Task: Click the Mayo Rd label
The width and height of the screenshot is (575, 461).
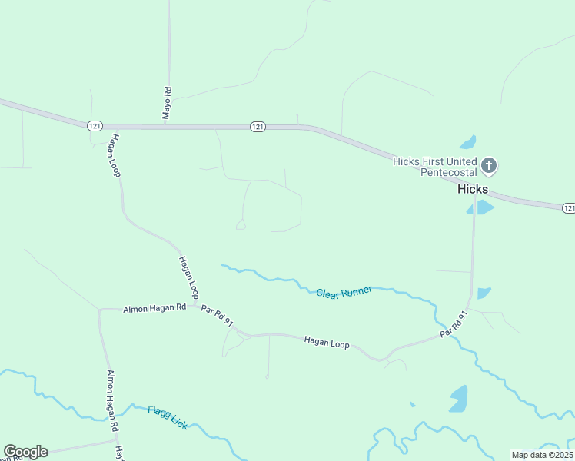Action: pyautogui.click(x=167, y=103)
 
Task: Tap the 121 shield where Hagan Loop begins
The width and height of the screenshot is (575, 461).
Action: pyautogui.click(x=95, y=126)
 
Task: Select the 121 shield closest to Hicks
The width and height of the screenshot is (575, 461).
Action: pyautogui.click(x=568, y=208)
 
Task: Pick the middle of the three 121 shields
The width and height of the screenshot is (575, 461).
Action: pyautogui.click(x=258, y=126)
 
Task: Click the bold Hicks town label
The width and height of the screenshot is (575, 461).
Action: pyautogui.click(x=473, y=189)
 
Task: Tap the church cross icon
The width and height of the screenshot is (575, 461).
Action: pyautogui.click(x=489, y=164)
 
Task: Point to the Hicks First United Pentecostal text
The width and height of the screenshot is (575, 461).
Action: pyautogui.click(x=434, y=167)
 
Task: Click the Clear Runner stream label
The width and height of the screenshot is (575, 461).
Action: pyautogui.click(x=344, y=292)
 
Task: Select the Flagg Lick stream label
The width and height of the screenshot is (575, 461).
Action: pyautogui.click(x=167, y=417)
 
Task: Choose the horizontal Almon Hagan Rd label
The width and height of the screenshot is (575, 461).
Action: pyautogui.click(x=155, y=308)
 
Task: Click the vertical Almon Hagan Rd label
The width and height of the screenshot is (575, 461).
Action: pyautogui.click(x=112, y=400)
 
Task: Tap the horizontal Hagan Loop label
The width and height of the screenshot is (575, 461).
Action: pyautogui.click(x=327, y=343)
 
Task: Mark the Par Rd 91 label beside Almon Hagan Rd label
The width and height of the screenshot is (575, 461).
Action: pyautogui.click(x=217, y=317)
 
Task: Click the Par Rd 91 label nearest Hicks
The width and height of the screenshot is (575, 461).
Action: pyautogui.click(x=454, y=324)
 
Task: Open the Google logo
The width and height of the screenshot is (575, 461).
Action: pyautogui.click(x=25, y=452)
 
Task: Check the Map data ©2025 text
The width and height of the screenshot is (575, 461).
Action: pyautogui.click(x=543, y=455)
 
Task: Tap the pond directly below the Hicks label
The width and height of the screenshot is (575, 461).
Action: pyautogui.click(x=480, y=207)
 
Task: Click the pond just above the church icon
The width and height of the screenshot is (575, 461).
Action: pyautogui.click(x=467, y=142)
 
